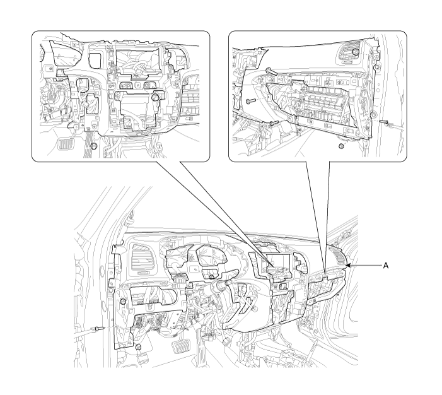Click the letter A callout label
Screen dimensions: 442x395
(x=386, y=266)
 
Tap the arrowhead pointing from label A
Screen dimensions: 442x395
(x=348, y=265)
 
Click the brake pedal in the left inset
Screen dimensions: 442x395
(x=64, y=144)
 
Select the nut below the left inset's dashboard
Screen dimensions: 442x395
(x=94, y=146)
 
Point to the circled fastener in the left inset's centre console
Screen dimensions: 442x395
(x=154, y=97)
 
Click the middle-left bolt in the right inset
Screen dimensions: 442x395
(x=250, y=102)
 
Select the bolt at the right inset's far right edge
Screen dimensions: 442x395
(x=385, y=122)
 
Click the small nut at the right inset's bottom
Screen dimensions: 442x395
(x=341, y=146)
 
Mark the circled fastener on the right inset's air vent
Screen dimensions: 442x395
(x=356, y=52)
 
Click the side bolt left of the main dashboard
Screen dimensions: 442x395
(x=98, y=328)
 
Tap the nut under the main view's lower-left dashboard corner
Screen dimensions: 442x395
(x=138, y=347)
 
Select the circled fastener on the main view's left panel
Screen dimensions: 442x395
(x=122, y=302)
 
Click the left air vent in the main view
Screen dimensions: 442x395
(x=142, y=258)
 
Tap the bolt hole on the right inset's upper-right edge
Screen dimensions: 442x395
(x=376, y=67)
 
